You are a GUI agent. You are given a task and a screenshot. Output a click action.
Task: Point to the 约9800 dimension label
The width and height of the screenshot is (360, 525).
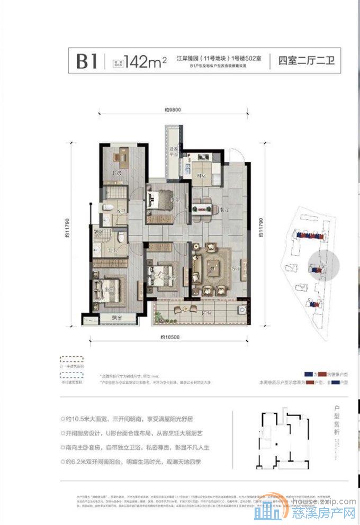173,110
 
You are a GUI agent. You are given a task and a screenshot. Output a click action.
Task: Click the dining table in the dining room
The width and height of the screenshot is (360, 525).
203,204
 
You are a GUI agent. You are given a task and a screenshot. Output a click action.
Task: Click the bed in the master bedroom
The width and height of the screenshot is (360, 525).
109,288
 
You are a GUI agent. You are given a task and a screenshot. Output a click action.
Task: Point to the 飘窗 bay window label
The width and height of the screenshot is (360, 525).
117,318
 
